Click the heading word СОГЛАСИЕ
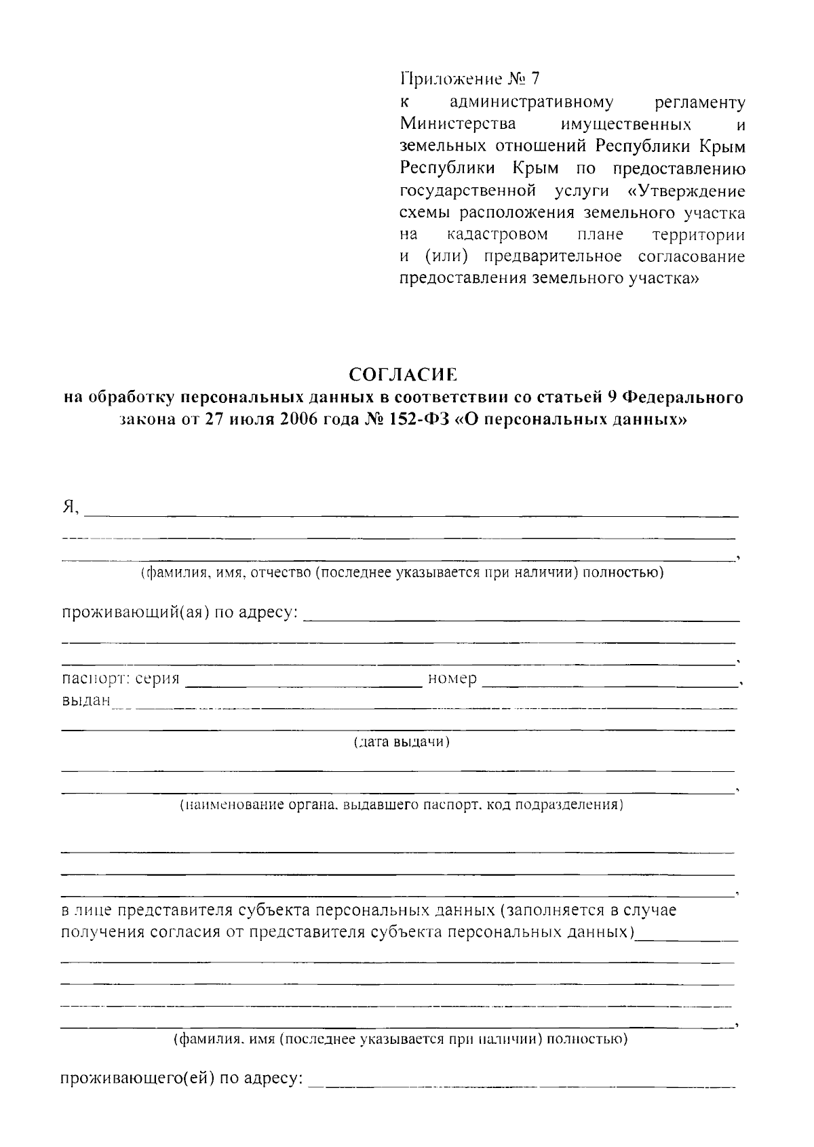point(404,374)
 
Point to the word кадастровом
point(498,235)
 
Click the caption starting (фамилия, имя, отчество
point(402,573)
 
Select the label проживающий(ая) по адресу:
point(180,613)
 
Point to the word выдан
point(85,701)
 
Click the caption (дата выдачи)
point(402,742)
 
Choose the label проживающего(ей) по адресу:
point(182,1078)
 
